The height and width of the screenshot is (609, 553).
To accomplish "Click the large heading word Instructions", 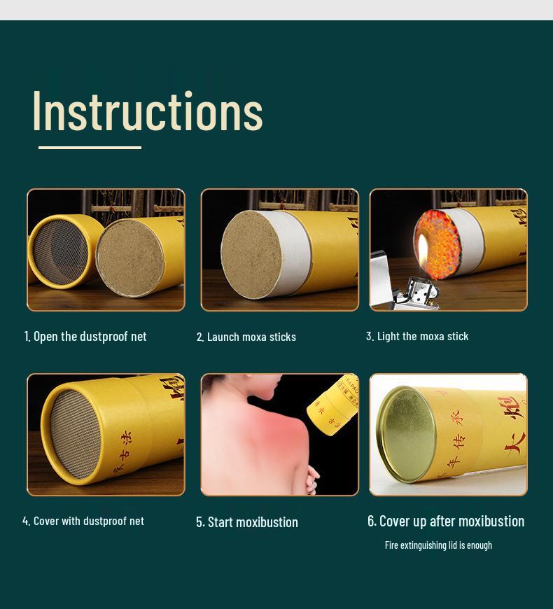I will [x=147, y=111].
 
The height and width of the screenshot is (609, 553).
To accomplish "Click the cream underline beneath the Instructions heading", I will [x=90, y=148].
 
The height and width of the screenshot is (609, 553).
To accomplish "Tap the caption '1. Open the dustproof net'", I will [x=85, y=337].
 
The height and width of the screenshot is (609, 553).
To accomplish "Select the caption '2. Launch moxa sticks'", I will [x=246, y=337].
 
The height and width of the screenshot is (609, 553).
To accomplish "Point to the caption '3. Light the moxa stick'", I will [x=417, y=336].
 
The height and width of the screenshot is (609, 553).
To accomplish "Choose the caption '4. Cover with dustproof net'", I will [x=83, y=521].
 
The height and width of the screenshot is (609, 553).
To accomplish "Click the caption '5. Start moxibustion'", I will [x=247, y=522].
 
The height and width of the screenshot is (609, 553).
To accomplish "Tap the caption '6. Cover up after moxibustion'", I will [x=446, y=521].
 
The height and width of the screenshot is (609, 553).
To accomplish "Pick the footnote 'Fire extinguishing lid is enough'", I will [x=438, y=545].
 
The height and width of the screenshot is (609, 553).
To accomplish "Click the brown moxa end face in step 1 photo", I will [x=129, y=253].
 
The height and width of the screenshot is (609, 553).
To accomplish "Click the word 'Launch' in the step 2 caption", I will [x=223, y=337].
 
